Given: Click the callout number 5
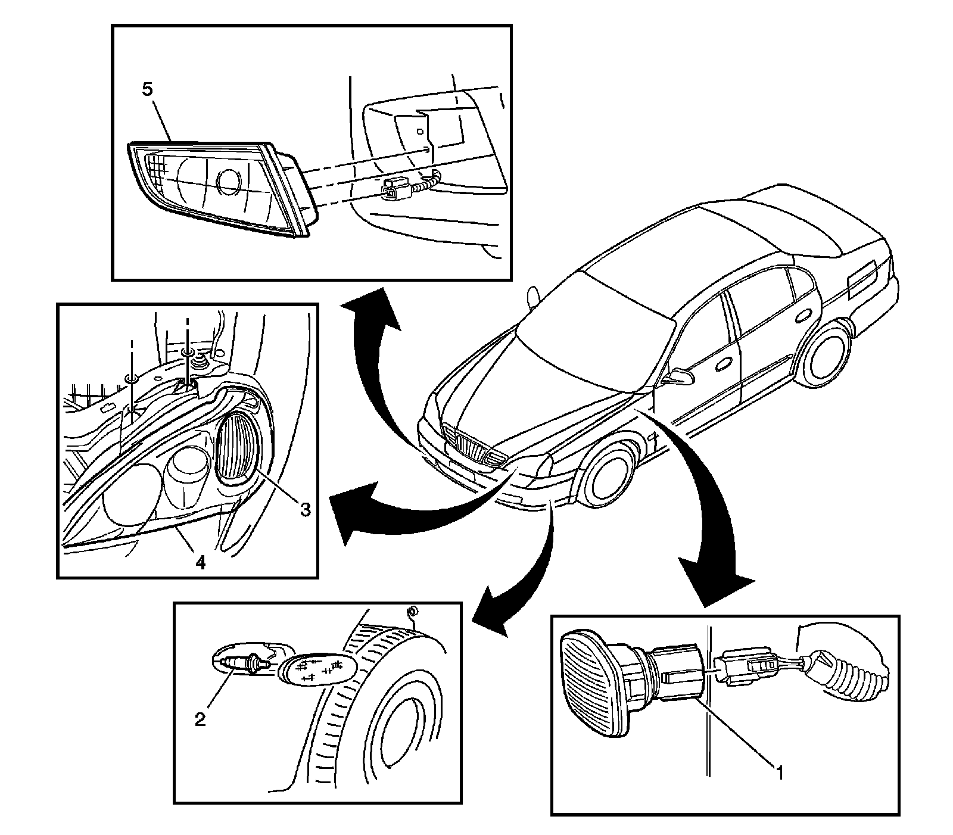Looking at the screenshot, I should click(147, 89).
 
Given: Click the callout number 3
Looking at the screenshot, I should click(304, 509).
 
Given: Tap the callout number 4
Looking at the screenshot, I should click(201, 562).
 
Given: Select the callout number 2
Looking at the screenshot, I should click(200, 719).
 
